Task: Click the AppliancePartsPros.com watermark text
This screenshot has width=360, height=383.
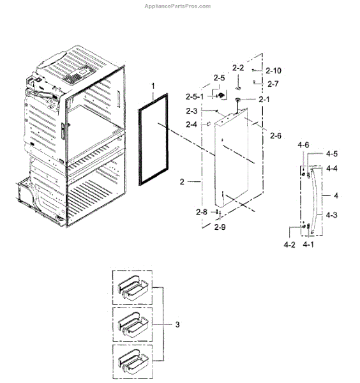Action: coord(177,6)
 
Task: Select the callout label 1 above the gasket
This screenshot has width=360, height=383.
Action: coord(153,86)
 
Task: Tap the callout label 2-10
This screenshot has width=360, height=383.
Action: coord(273,71)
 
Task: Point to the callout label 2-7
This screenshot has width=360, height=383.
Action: coord(273,84)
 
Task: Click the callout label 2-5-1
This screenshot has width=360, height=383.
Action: coord(195,97)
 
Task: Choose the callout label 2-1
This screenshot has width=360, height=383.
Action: coord(264,99)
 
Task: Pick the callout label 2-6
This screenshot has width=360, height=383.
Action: coord(276,135)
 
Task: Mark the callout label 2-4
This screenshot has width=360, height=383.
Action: coord(191,124)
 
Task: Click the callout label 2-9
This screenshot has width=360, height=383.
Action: coord(220,227)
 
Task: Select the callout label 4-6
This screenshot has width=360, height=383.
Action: coord(303,145)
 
